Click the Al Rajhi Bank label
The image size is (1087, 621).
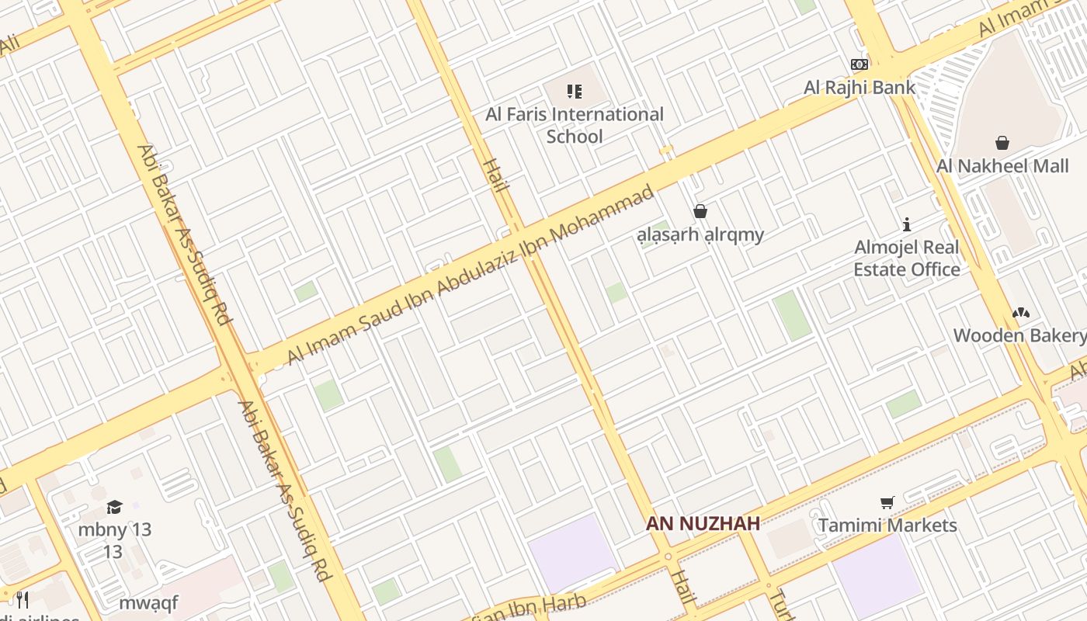[860, 87]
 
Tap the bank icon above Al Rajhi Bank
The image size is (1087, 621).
[860, 64]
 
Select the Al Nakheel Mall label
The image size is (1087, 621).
[1002, 165]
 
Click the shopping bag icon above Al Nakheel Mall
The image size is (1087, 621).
[1002, 143]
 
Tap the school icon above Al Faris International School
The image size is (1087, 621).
[575, 92]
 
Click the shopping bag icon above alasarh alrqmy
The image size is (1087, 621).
[700, 211]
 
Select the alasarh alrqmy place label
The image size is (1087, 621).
[700, 234]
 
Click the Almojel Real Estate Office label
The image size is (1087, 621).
[907, 258]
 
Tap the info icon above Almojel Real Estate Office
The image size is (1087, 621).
[906, 224]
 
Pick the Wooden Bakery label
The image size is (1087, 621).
[1019, 335]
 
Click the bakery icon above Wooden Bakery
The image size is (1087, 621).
[1021, 313]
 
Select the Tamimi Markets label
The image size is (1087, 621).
[887, 526]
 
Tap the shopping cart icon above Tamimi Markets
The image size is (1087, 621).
[887, 503]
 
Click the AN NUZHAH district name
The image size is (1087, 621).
[703, 524]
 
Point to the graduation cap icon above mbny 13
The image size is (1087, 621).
[115, 508]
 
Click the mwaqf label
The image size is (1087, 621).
[148, 602]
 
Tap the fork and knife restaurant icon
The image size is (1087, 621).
[23, 599]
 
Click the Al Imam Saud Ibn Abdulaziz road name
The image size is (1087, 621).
[471, 276]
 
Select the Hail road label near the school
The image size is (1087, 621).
[495, 175]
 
